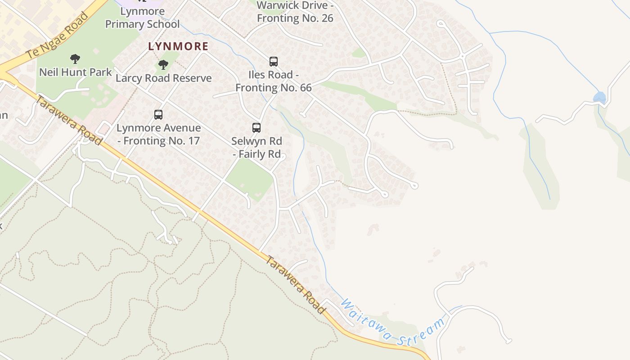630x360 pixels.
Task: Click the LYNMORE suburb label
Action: [x=178, y=46]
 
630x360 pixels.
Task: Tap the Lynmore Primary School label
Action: [x=142, y=18]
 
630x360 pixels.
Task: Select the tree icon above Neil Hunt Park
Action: [x=75, y=58]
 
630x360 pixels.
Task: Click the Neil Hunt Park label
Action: [x=75, y=72]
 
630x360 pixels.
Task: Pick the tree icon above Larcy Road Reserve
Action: [x=163, y=65]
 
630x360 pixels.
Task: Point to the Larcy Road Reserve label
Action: [x=163, y=78]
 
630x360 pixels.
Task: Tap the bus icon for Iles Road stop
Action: [x=273, y=62]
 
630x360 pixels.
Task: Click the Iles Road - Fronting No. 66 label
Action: [x=273, y=81]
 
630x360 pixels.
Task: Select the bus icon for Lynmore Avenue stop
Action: [x=158, y=115]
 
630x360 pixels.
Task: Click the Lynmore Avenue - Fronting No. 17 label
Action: [x=158, y=134]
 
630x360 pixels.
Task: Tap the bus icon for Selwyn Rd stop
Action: [x=256, y=128]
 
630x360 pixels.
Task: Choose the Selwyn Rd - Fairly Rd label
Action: [x=256, y=148]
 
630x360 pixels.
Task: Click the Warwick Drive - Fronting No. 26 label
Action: [x=295, y=12]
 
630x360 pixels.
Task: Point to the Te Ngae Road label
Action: [x=57, y=36]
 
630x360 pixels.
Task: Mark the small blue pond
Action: [x=599, y=97]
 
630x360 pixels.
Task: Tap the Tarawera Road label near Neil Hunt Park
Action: [x=68, y=120]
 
